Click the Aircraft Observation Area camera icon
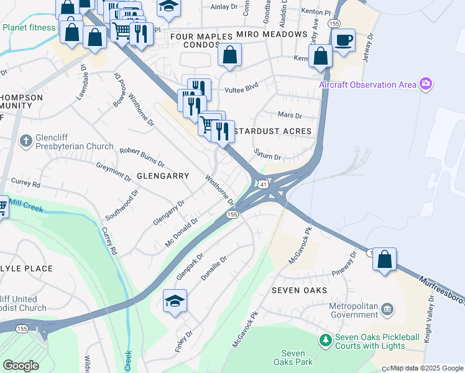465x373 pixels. pyautogui.click(x=425, y=83)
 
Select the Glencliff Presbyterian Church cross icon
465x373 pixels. pyautogui.click(x=25, y=141)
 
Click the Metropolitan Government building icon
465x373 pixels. pyautogui.click(x=387, y=309)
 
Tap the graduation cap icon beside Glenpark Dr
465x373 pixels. pyautogui.click(x=175, y=302)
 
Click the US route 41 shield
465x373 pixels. pyautogui.click(x=264, y=185)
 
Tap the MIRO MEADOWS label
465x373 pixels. pyautogui.click(x=272, y=34)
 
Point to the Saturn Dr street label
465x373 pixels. pyautogui.click(x=267, y=154)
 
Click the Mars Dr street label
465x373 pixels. pyautogui.click(x=290, y=116)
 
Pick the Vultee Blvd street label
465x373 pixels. pyautogui.click(x=242, y=88)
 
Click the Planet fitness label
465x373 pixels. pyautogui.click(x=29, y=27)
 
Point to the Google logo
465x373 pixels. pyautogui.click(x=21, y=365)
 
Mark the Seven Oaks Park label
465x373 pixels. pyautogui.click(x=293, y=357)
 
